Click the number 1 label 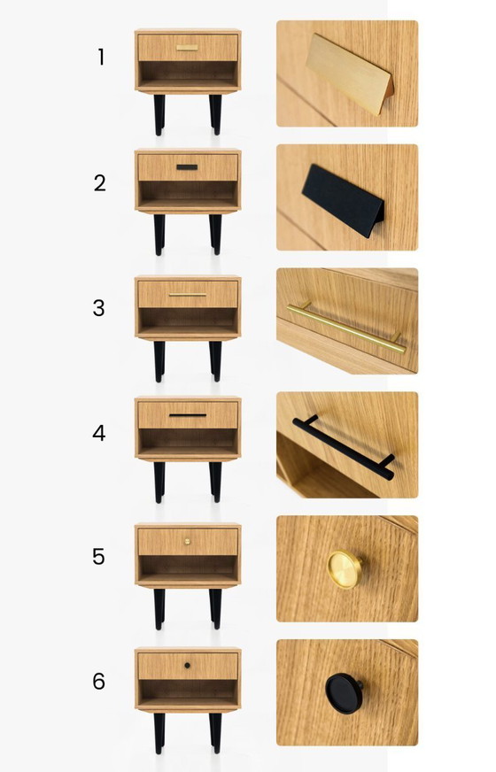pyautogui.click(x=101, y=58)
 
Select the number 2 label pyautogui.click(x=100, y=183)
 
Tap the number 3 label pyautogui.click(x=100, y=308)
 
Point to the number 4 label pyautogui.click(x=100, y=433)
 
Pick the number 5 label pyautogui.click(x=100, y=557)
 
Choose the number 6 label pyautogui.click(x=100, y=682)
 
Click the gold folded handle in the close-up pyautogui.click(x=346, y=74)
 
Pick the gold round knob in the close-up pyautogui.click(x=344, y=568)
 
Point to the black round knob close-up pyautogui.click(x=344, y=692)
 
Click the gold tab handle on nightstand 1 pyautogui.click(x=187, y=48)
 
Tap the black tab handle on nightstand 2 pyautogui.click(x=187, y=166)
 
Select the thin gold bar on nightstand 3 pyautogui.click(x=187, y=294)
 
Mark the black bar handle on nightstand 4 pyautogui.click(x=187, y=414)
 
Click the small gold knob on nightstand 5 pyautogui.click(x=187, y=540)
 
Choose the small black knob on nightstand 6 pyautogui.click(x=187, y=664)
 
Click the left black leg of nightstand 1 pyautogui.click(x=159, y=115)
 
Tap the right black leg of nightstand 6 pyautogui.click(x=215, y=733)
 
